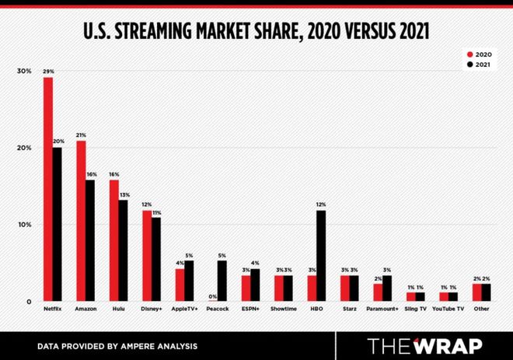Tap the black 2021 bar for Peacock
click(222, 281)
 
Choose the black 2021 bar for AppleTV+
click(189, 281)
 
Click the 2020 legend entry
click(480, 54)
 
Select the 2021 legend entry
click(480, 65)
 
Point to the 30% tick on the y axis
click(24, 71)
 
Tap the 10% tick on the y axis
click(24, 225)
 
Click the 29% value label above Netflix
click(48, 71)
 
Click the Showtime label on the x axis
click(284, 309)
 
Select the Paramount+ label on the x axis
click(382, 309)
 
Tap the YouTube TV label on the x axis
click(448, 309)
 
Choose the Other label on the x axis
click(481, 309)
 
